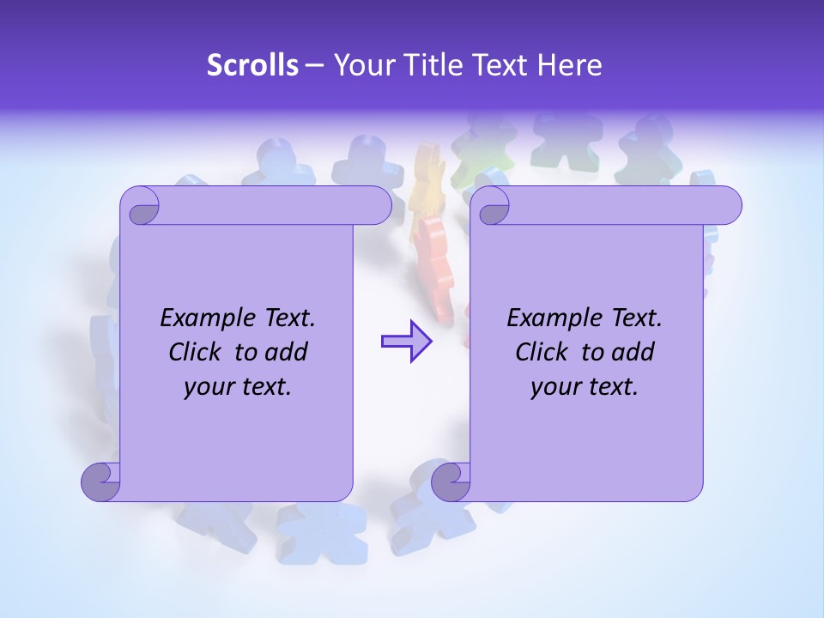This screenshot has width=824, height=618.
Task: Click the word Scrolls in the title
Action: click(x=252, y=65)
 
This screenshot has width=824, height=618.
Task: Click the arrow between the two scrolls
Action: click(x=406, y=341)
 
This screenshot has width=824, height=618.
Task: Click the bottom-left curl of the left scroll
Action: click(x=101, y=482)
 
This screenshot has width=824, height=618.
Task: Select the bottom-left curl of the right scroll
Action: click(x=451, y=482)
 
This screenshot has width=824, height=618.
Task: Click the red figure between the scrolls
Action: click(x=436, y=266)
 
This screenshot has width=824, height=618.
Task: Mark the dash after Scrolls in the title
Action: click(x=314, y=65)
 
